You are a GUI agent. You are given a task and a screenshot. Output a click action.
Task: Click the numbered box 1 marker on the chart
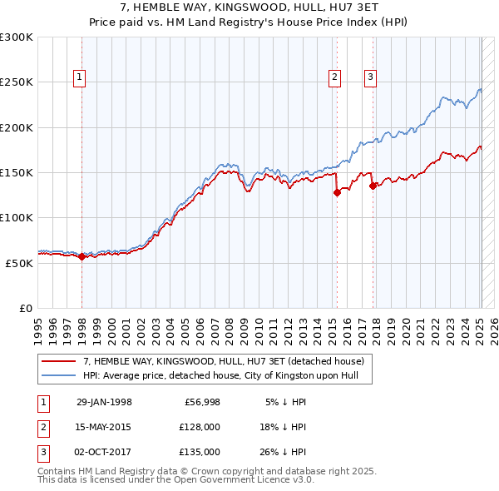tap(79, 78)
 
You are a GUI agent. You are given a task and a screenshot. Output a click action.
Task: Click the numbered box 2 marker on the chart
tap(334, 78)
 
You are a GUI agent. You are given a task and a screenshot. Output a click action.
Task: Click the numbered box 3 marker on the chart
tap(370, 78)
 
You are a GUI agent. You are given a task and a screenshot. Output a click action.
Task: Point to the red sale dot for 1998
tap(82, 257)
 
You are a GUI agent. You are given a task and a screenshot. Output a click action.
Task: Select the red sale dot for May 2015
tap(337, 192)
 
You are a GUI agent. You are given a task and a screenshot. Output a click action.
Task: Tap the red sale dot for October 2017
tap(373, 186)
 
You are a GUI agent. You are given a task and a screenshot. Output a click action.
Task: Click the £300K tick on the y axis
tap(16, 37)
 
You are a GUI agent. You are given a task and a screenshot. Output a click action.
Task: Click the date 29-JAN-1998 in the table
tap(104, 401)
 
